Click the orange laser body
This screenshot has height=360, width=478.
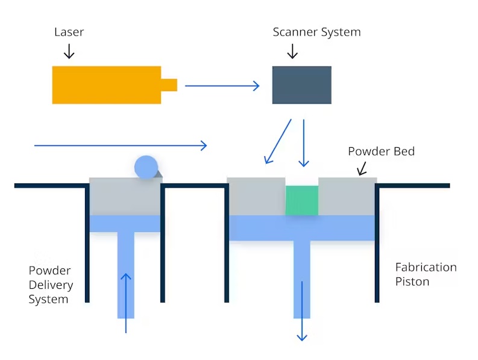point(106,85)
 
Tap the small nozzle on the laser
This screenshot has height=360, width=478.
point(169,85)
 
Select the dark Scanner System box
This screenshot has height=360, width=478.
point(301,85)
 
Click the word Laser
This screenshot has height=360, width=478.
point(69,31)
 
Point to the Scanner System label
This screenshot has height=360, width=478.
point(316,32)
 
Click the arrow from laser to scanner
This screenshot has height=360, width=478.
point(222,86)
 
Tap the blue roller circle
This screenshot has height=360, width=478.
point(146,167)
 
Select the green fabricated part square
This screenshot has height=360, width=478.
point(301,200)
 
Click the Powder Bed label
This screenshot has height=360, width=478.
point(381,151)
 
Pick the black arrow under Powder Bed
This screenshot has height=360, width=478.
point(362,168)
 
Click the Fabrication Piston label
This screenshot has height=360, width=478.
point(426,274)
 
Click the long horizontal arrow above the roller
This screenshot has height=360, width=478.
point(121,145)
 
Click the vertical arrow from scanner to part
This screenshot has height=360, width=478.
point(304,143)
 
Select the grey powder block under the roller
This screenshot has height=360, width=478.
point(125,197)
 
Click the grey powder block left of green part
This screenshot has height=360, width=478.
point(256,196)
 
